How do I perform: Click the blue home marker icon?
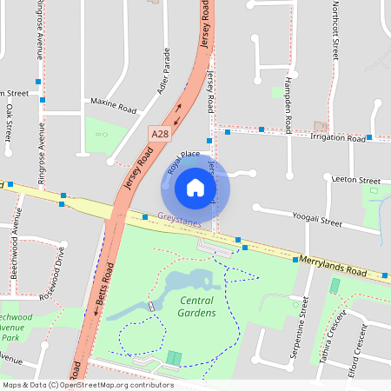pyautogui.click(x=195, y=187)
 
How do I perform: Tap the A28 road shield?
pyautogui.click(x=159, y=134)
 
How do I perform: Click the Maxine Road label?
pyautogui.click(x=115, y=107)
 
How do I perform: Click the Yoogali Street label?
pyautogui.click(x=317, y=218)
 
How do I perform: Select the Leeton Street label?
pyautogui.click(x=356, y=180)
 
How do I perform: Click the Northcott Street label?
pyautogui.click(x=335, y=30)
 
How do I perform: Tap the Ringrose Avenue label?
pyautogui.click(x=40, y=30)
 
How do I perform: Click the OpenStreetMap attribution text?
pyautogui.click(x=87, y=385)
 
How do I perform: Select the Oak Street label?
pyautogui.click(x=9, y=124)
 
